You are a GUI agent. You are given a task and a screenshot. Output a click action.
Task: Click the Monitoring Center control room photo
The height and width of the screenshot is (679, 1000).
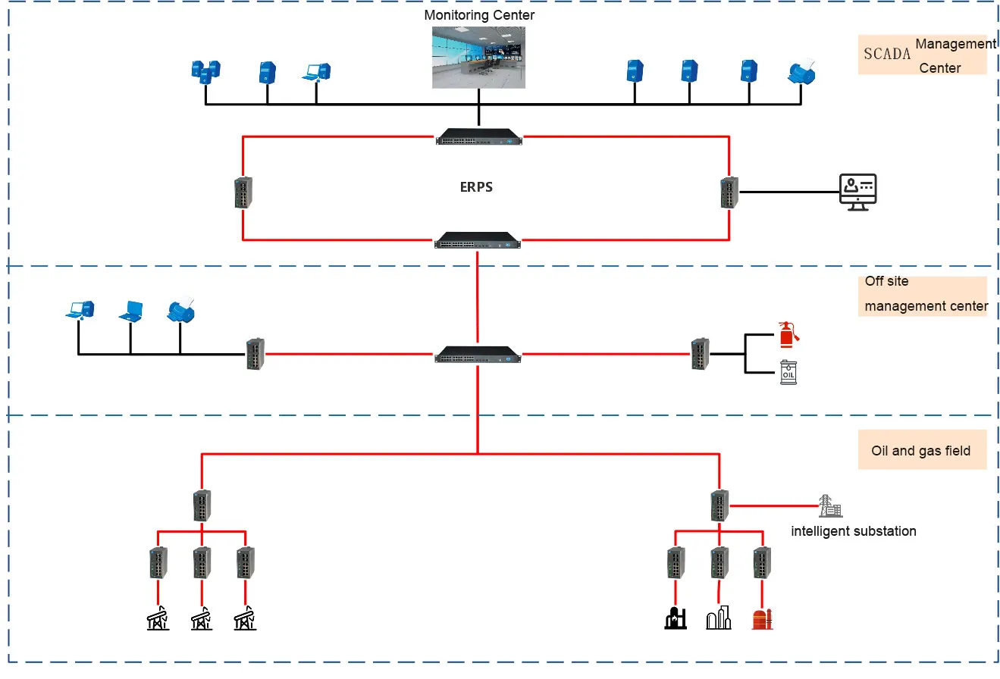479,58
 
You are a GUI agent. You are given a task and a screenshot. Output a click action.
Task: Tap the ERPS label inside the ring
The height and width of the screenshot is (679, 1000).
476,187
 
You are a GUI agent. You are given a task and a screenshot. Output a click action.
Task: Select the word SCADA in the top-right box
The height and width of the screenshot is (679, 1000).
886,55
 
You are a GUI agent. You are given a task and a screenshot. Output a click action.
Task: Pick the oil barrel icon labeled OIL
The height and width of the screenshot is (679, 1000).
788,373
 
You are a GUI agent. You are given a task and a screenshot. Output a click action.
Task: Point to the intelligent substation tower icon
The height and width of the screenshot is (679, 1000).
829,505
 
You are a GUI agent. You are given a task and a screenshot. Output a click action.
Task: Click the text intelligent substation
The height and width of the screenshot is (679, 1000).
853,531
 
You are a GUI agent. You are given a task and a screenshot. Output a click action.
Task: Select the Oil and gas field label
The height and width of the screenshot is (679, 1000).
920,451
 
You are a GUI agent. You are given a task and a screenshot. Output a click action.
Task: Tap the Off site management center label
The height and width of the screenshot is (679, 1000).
925,295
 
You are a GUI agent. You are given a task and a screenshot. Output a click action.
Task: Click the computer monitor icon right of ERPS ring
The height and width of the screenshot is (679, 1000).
857,192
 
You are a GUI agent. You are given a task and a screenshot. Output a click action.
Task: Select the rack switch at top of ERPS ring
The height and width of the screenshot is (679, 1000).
479,136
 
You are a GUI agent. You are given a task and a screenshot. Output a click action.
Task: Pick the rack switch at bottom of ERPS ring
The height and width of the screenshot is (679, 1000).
478,240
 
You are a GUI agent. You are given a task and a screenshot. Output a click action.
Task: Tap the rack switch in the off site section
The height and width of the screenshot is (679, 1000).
478,354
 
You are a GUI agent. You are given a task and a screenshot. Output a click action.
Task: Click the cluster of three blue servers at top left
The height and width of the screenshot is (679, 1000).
205,72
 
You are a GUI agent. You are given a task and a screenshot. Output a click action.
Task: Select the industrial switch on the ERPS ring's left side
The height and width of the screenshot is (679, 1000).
243,192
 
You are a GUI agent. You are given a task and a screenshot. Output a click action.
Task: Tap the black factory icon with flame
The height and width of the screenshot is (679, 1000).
674,618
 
